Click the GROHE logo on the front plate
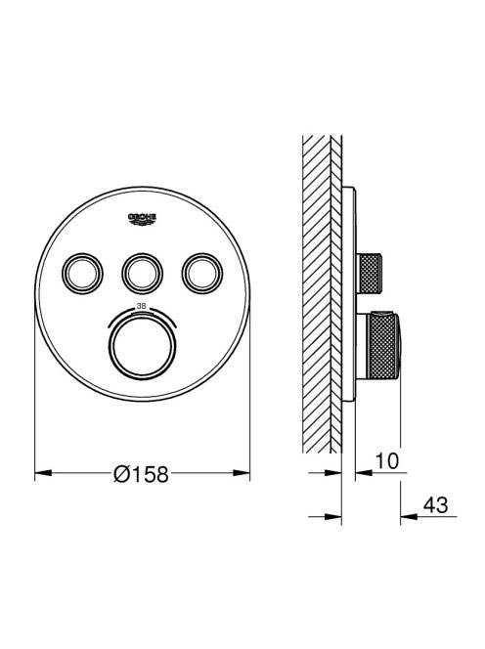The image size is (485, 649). [x=142, y=219]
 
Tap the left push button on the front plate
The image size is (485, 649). [x=82, y=273]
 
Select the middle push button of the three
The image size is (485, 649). [x=142, y=273]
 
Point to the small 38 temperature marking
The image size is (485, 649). [x=142, y=307]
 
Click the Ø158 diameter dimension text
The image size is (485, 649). [x=141, y=473]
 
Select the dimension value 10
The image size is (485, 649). [x=387, y=461]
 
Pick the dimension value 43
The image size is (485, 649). [x=436, y=505]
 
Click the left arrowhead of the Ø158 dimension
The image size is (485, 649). [x=43, y=472]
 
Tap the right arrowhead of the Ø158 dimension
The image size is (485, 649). [x=242, y=472]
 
